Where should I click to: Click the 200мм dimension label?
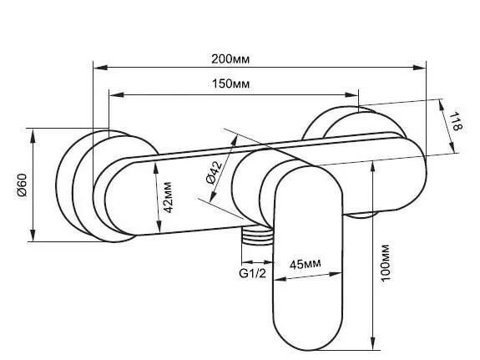[x=230, y=58]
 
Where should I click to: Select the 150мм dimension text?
[x=230, y=84]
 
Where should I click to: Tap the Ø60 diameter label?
[x=22, y=185]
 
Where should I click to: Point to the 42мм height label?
[x=168, y=197]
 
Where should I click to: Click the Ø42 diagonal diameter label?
[x=215, y=173]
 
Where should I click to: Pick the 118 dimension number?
[x=456, y=121]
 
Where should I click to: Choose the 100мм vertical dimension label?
[x=385, y=262]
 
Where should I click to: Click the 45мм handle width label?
[x=306, y=264]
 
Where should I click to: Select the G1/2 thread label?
[x=253, y=273]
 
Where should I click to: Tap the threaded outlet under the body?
[x=257, y=236]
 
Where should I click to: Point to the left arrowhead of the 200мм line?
[x=100, y=68]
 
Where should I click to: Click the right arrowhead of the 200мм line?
[x=418, y=68]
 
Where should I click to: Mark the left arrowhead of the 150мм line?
[x=117, y=94]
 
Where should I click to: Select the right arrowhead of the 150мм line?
[x=351, y=94]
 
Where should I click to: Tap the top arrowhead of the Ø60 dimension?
[x=33, y=135]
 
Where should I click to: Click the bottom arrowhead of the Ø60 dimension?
[x=33, y=235]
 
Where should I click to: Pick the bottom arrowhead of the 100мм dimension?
[x=372, y=342]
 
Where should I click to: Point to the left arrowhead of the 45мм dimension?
[x=280, y=279]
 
